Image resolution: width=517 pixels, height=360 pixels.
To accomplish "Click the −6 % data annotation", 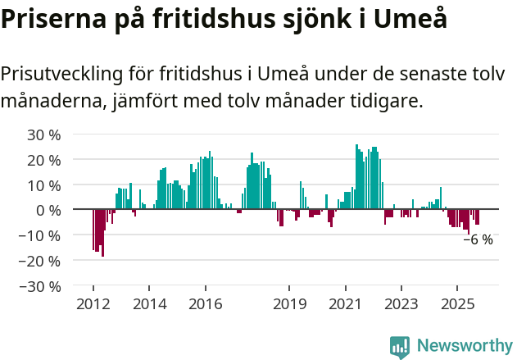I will (x=478, y=239).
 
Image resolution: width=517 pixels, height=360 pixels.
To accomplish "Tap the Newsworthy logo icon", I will (x=399, y=346).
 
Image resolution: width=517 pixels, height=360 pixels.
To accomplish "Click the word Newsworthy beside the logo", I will (x=464, y=346).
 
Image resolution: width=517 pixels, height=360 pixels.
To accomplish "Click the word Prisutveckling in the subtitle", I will (x=61, y=74).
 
